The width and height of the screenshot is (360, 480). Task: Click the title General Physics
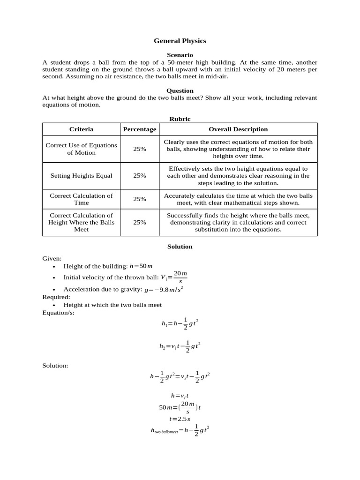coord(180,41)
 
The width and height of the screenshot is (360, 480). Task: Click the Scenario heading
coord(180,55)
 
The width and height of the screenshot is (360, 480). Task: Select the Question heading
coord(180,90)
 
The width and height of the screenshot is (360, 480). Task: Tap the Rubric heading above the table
coord(180,119)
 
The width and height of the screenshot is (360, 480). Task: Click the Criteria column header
coord(81,129)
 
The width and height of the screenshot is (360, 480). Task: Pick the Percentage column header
coord(139,129)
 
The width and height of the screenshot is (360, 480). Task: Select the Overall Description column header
coord(238,129)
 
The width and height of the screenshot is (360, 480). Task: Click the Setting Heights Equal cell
coord(81,176)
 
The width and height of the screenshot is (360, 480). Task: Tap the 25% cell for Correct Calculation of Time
coord(139,199)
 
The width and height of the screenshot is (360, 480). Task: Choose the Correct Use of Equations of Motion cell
coord(81,149)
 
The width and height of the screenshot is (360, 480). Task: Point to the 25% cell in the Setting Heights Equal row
coord(139,176)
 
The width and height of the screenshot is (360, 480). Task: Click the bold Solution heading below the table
coord(180,247)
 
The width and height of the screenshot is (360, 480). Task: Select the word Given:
coord(52,258)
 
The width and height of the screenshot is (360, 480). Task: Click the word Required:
coord(56,297)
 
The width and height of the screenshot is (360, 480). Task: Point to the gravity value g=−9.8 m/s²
coord(164,289)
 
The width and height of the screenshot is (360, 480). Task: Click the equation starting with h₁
coord(180,323)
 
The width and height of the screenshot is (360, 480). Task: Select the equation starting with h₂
coord(180,346)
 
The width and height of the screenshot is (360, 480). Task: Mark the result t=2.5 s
coord(180,419)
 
